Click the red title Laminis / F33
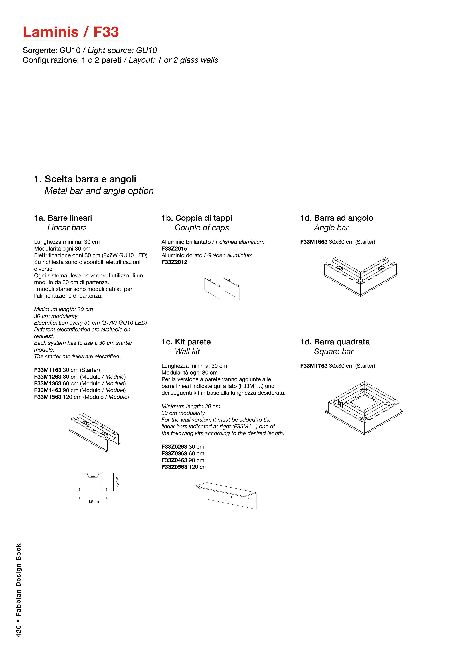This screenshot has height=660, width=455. pyautogui.click(x=71, y=32)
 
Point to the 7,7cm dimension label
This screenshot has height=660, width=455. pyautogui.click(x=117, y=482)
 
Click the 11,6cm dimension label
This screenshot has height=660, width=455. pyautogui.click(x=93, y=501)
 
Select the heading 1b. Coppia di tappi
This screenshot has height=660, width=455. pyautogui.click(x=197, y=218)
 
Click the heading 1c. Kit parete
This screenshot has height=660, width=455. pyautogui.click(x=186, y=342)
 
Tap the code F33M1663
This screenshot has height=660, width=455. pyautogui.click(x=314, y=242)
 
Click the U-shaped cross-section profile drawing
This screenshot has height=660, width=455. pyautogui.click(x=93, y=482)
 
